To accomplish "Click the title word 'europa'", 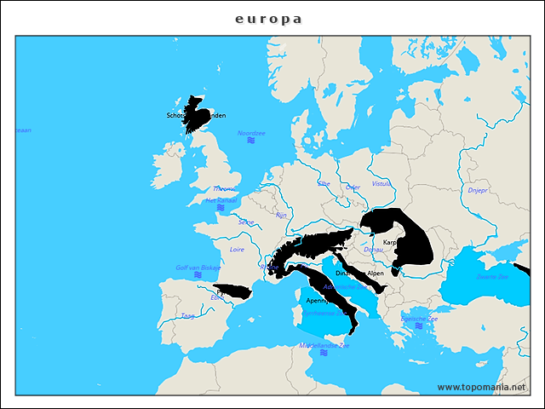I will (268, 18).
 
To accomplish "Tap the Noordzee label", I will (251, 133).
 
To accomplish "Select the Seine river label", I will (246, 222).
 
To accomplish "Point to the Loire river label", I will (238, 250).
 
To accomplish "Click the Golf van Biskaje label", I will (198, 267).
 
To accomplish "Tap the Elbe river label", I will (324, 182).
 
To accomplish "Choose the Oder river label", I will (353, 187).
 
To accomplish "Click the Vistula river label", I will (381, 183).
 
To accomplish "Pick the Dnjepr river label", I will (478, 190).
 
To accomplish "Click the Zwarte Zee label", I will (491, 276).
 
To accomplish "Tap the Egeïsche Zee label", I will (420, 318).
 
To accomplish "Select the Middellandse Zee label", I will (324, 345).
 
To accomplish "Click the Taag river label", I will (187, 315).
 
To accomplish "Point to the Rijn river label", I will (281, 216).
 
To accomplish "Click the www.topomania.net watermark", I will (481, 387).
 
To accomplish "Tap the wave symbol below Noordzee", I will (251, 141).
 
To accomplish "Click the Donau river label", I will (373, 250).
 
